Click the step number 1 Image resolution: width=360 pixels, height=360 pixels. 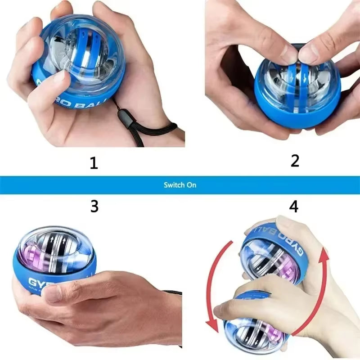[94, 162]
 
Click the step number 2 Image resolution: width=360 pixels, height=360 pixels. [295, 160]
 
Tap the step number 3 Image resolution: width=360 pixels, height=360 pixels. [94, 206]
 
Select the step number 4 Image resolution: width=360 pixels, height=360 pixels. [294, 206]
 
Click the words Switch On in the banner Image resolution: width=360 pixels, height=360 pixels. [180, 185]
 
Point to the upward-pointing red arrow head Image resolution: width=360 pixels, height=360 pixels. [324, 255]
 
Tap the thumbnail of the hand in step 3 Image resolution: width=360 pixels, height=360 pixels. [53, 294]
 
